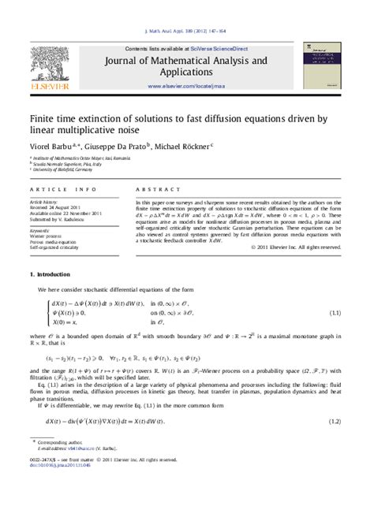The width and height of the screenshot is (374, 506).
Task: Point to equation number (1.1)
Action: pos(335,314)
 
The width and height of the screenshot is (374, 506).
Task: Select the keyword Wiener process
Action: pos(49,236)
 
